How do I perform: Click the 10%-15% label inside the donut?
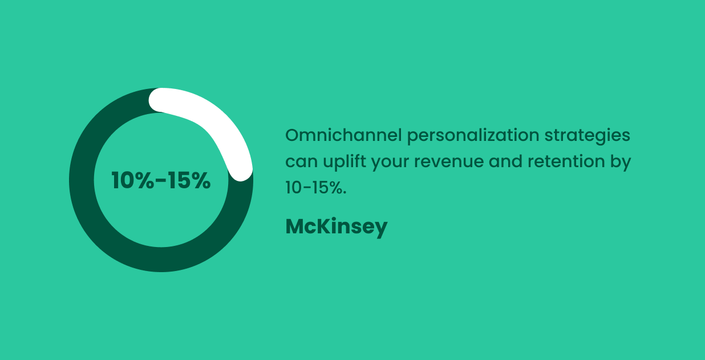(x=161, y=180)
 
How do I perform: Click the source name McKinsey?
(x=336, y=226)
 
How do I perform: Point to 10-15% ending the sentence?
(x=315, y=188)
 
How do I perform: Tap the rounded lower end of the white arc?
(x=241, y=169)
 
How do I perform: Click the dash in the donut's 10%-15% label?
(x=161, y=181)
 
